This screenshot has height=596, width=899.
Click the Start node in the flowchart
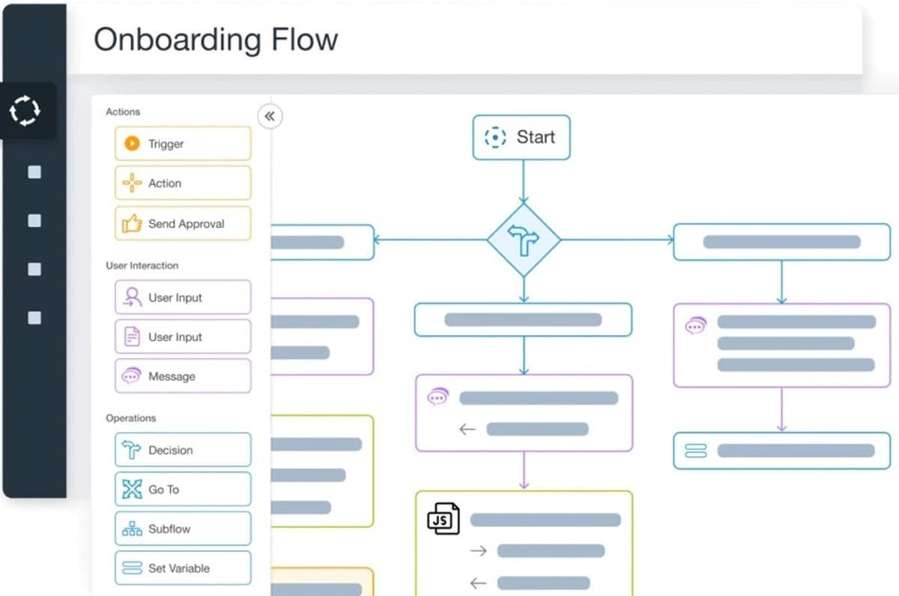[521, 138]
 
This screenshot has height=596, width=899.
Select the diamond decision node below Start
[524, 240]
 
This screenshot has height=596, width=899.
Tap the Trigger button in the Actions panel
[183, 144]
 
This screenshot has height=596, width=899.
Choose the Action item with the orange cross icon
[183, 183]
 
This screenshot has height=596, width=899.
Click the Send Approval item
[183, 223]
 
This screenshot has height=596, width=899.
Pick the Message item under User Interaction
[183, 377]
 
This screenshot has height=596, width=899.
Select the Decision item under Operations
[183, 450]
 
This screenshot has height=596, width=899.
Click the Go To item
[183, 490]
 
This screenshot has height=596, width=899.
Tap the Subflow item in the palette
[183, 529]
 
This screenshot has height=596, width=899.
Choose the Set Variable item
[183, 568]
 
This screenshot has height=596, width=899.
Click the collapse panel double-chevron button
[270, 116]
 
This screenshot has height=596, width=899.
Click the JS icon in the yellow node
[443, 519]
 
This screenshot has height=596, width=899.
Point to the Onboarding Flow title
[216, 40]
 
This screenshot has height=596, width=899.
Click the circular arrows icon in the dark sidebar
[25, 112]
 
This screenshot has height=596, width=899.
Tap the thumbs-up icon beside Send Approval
[132, 223]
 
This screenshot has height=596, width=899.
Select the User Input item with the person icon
[183, 297]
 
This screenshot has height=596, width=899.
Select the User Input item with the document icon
[183, 337]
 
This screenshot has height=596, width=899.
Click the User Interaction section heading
[142, 266]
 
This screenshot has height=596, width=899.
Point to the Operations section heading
[131, 419]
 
